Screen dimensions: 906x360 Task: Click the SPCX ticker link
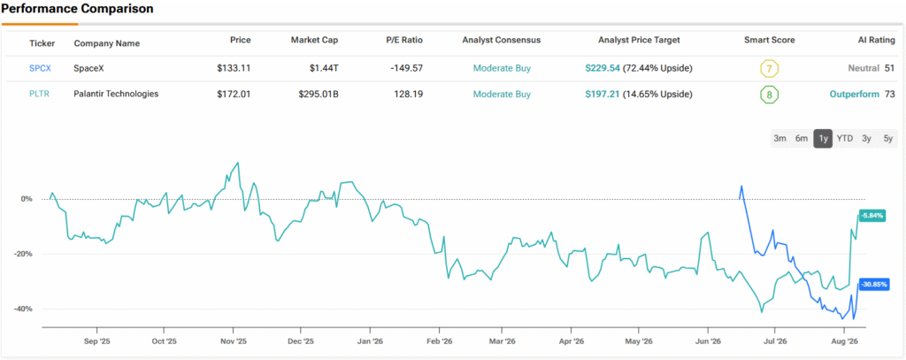click(41, 68)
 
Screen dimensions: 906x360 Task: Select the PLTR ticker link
click(39, 94)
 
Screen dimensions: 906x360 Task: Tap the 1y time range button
click(823, 138)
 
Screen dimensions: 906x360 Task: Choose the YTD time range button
click(845, 138)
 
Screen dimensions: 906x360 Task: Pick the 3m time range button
click(780, 138)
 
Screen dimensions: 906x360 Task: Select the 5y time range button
click(888, 138)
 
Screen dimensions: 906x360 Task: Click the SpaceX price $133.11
click(234, 68)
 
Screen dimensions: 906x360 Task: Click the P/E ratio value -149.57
click(405, 68)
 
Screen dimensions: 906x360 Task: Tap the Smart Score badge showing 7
click(769, 69)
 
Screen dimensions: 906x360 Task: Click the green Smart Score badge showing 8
click(769, 94)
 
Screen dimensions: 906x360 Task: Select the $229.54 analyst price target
click(603, 68)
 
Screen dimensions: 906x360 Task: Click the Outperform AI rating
click(855, 94)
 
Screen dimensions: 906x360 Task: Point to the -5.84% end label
click(872, 215)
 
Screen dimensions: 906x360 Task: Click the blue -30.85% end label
click(873, 285)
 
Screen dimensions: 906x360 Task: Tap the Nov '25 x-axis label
click(233, 341)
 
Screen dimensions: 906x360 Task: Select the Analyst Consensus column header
click(502, 41)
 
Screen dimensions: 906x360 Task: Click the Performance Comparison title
click(78, 9)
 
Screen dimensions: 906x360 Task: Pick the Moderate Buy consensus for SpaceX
click(502, 68)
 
